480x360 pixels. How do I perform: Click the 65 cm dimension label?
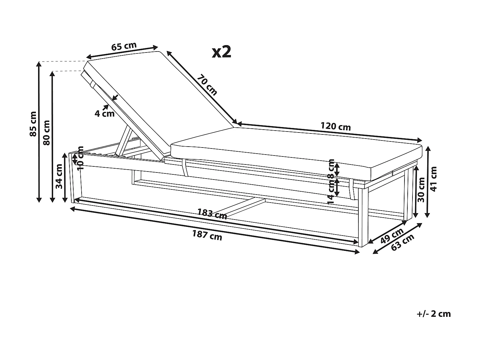(124, 46)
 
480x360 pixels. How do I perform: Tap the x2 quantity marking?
(221, 52)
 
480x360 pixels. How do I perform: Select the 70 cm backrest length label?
(207, 85)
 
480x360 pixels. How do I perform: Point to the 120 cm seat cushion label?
(335, 126)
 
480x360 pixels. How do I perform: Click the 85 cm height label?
(33, 124)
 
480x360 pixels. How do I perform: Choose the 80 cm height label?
(46, 133)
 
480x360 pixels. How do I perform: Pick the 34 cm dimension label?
(59, 176)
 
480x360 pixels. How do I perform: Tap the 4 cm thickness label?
(105, 114)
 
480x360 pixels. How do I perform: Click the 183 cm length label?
(212, 213)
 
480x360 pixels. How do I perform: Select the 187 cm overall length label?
(207, 236)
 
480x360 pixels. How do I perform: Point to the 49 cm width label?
(392, 236)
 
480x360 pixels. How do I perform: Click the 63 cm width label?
(403, 242)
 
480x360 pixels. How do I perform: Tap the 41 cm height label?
(433, 179)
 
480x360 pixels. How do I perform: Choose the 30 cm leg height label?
(421, 190)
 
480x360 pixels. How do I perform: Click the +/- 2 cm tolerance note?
(434, 314)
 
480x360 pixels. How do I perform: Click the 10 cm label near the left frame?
(81, 158)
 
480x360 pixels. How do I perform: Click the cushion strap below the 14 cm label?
(352, 189)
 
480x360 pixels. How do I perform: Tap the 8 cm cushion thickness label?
(331, 168)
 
